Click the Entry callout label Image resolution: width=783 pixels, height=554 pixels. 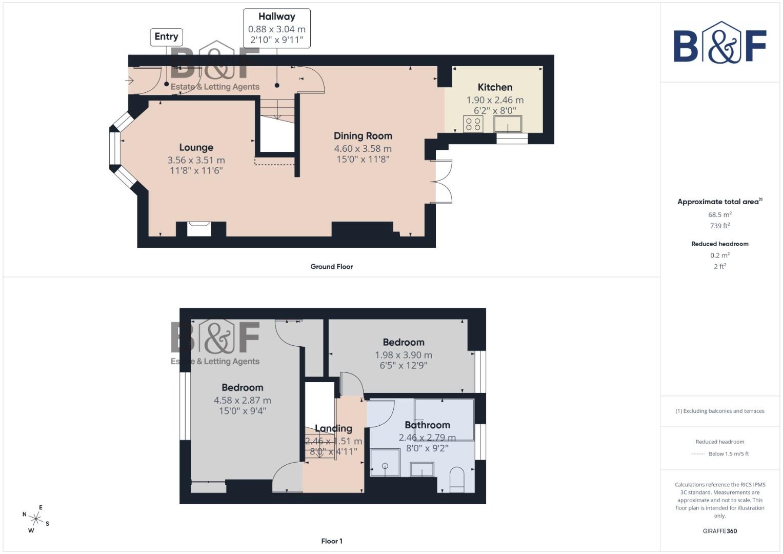pyautogui.click(x=166, y=36)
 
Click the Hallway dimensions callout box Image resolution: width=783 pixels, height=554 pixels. pyautogui.click(x=276, y=29)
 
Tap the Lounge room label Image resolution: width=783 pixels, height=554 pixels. pyautogui.click(x=196, y=148)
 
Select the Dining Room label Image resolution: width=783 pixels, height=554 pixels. pyautogui.click(x=363, y=136)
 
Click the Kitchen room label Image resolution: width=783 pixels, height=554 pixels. pyautogui.click(x=495, y=87)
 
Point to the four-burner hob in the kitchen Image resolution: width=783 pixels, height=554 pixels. pyautogui.click(x=473, y=124)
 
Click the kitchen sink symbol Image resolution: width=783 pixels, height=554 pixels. pyautogui.click(x=508, y=124)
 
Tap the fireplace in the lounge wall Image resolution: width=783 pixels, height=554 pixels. pyautogui.click(x=199, y=228)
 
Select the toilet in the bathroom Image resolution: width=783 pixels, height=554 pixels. pyautogui.click(x=456, y=479)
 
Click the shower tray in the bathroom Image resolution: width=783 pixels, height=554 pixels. pyautogui.click(x=385, y=463)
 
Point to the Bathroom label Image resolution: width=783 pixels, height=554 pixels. pyautogui.click(x=427, y=425)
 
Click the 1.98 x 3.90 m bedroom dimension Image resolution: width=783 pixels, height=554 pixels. pyautogui.click(x=403, y=355)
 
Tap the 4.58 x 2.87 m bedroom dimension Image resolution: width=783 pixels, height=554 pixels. pyautogui.click(x=242, y=400)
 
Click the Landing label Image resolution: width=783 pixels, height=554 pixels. pyautogui.click(x=333, y=428)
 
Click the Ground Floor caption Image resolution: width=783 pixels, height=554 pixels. pyautogui.click(x=331, y=267)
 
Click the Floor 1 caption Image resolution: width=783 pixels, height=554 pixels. pyautogui.click(x=331, y=541)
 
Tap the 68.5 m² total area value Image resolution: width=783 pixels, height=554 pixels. pyautogui.click(x=719, y=215)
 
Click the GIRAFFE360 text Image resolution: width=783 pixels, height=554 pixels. pyautogui.click(x=719, y=531)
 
